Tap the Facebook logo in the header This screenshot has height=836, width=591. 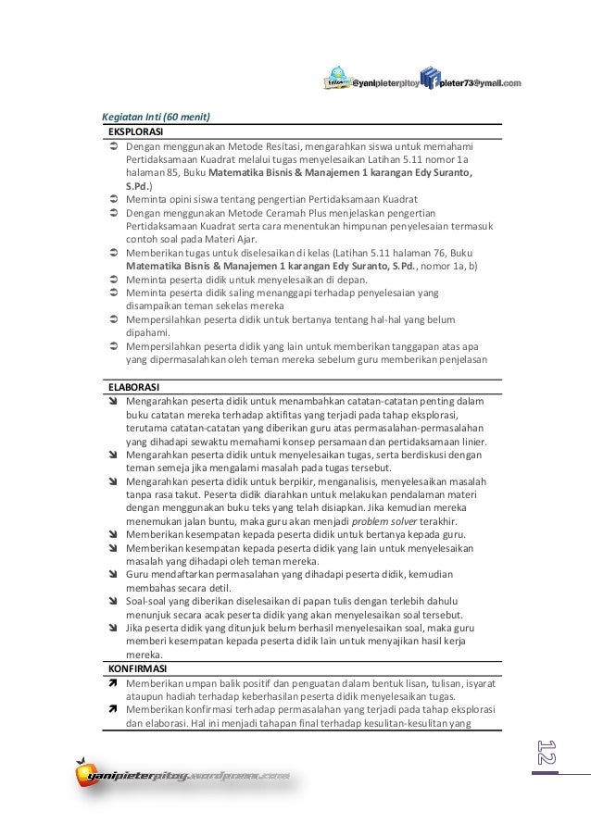[429, 80]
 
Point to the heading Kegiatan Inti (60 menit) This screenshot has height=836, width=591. [156, 117]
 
